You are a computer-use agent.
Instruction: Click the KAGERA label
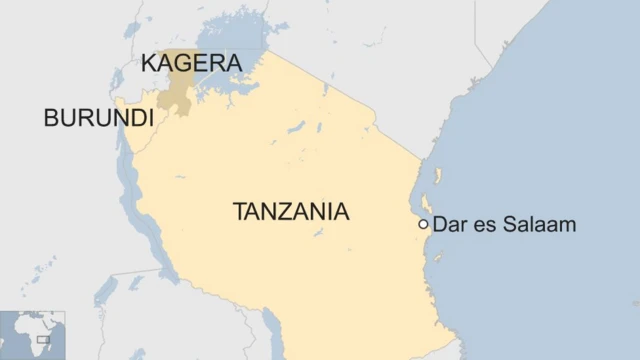191,63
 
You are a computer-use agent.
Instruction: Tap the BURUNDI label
98,118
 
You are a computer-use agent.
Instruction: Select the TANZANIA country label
291,212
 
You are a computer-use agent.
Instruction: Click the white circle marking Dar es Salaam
424,225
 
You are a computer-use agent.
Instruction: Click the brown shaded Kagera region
178,90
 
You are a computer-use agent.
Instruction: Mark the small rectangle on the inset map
43,340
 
